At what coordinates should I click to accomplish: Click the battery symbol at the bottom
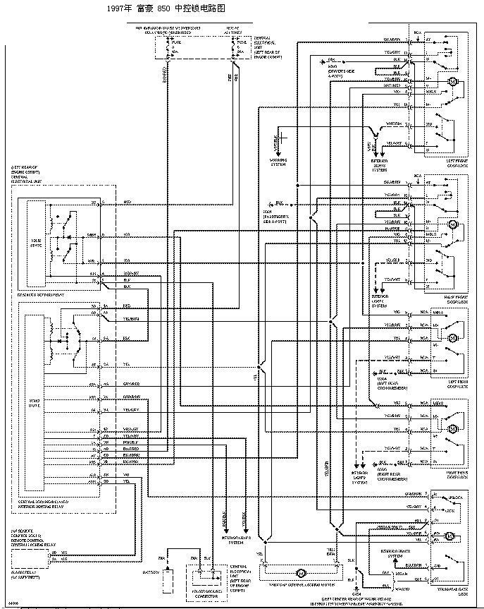(x=168, y=581)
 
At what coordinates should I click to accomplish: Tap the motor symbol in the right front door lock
(x=454, y=224)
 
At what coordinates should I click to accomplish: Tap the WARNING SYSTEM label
(x=280, y=161)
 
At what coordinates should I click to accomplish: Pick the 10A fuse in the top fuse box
(x=178, y=47)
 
